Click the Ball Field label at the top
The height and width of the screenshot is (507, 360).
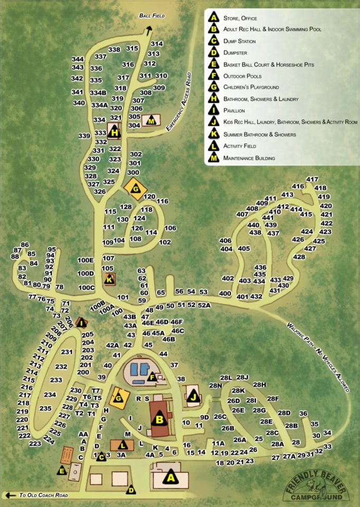pyautogui.click(x=152, y=16)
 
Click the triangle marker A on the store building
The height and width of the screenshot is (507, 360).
pyautogui.click(x=170, y=477)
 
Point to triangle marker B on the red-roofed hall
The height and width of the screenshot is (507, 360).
pyautogui.click(x=158, y=420)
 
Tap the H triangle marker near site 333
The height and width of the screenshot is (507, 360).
pyautogui.click(x=114, y=132)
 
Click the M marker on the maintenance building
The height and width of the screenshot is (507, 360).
pyautogui.click(x=151, y=120)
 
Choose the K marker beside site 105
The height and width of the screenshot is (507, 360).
pyautogui.click(x=109, y=279)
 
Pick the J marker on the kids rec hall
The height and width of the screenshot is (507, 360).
pyautogui.click(x=193, y=397)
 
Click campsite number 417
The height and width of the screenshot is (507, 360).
pyautogui.click(x=312, y=179)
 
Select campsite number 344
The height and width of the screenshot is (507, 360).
pyautogui.click(x=78, y=59)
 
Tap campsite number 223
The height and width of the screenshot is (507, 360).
pyautogui.click(x=35, y=444)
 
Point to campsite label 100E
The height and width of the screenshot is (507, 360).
pyautogui.click(x=85, y=260)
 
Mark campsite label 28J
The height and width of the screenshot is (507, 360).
pyautogui.click(x=242, y=377)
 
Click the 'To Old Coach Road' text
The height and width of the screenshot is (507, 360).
pyautogui.click(x=44, y=495)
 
